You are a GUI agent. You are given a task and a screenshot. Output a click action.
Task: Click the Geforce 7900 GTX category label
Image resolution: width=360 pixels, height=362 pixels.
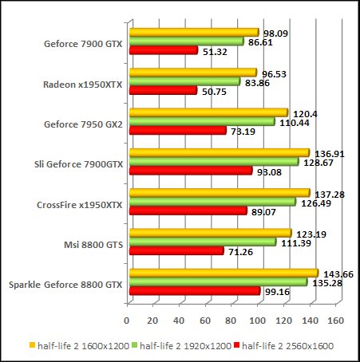pyautogui.click(x=83, y=45)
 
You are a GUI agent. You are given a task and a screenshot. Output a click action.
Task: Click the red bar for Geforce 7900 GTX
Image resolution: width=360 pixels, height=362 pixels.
pyautogui.click(x=163, y=51)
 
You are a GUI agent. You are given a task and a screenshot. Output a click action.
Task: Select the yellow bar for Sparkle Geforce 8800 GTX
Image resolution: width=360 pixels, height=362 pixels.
pyautogui.click(x=223, y=273)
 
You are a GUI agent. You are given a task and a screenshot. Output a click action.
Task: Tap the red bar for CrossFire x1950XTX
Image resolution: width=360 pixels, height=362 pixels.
pyautogui.click(x=188, y=211)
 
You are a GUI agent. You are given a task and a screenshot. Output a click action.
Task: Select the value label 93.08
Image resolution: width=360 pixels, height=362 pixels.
pyautogui.click(x=270, y=171)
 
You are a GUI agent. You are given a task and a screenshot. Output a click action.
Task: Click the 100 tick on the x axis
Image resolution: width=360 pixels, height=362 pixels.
pyautogui.click(x=257, y=321)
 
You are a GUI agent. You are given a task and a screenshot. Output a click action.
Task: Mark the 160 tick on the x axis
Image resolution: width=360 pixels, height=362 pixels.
pyautogui.click(x=336, y=321)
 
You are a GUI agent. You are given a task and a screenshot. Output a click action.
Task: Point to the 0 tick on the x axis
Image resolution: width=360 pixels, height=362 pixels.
pyautogui.click(x=127, y=321)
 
